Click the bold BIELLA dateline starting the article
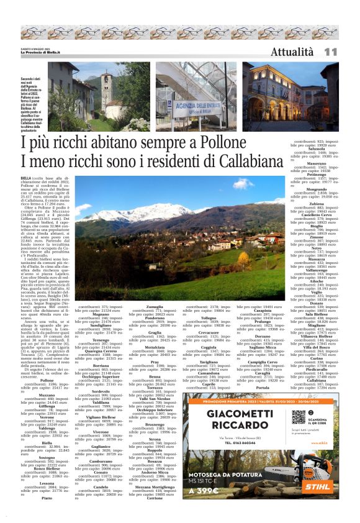click(27, 178)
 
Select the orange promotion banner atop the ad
click(259, 401)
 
